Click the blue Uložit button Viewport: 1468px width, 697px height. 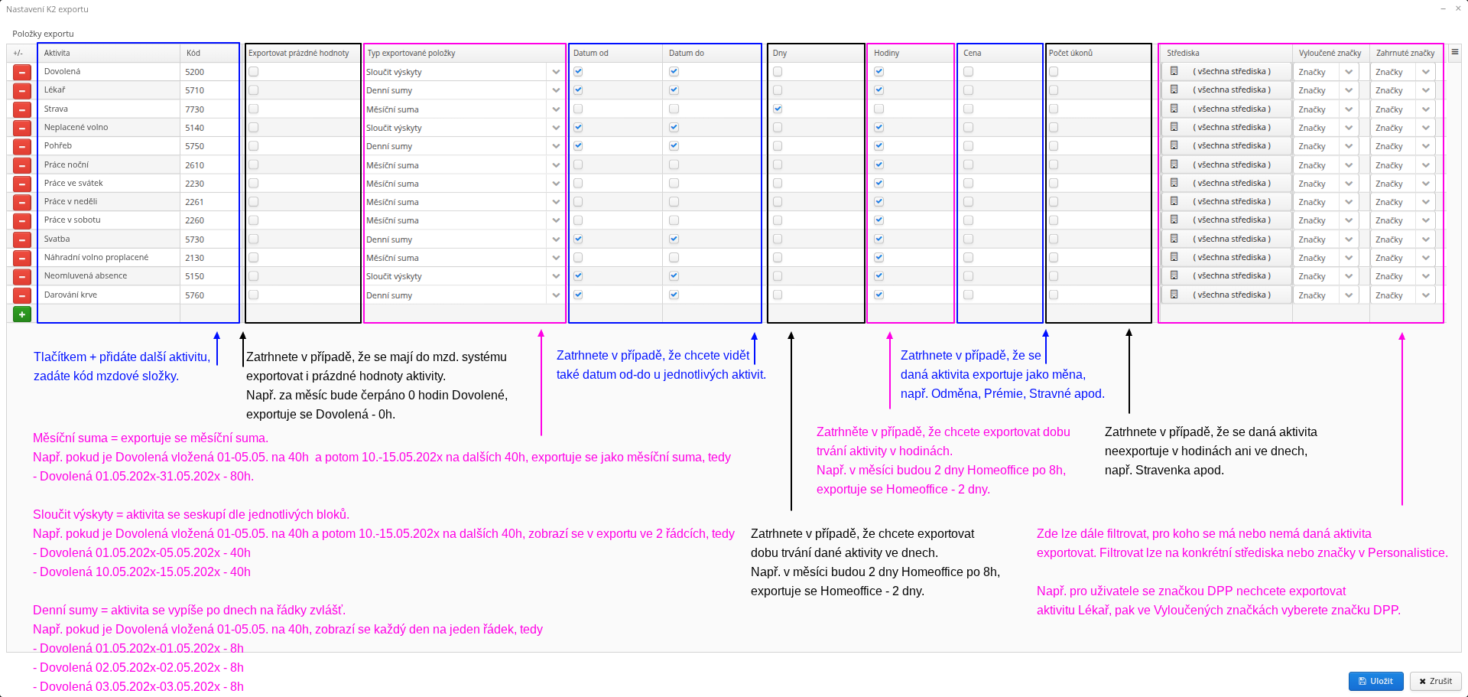click(1375, 681)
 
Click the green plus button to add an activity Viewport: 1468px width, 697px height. click(22, 314)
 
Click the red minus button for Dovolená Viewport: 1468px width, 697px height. click(22, 72)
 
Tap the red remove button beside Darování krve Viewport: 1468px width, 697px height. click(22, 295)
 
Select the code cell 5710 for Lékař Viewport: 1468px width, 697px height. click(195, 90)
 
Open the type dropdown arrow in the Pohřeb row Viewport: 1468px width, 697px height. click(556, 146)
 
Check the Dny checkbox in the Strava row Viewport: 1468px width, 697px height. click(778, 109)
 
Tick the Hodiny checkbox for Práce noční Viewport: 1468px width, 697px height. click(879, 164)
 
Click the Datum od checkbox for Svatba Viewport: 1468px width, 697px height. click(578, 239)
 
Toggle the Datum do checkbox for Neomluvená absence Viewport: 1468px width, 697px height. click(674, 276)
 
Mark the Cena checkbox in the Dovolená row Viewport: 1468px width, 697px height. click(968, 72)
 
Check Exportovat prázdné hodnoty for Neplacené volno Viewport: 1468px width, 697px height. click(253, 128)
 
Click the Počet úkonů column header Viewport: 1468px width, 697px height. click(1070, 53)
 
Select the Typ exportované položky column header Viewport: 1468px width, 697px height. click(411, 53)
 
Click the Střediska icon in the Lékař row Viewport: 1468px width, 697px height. click(1174, 90)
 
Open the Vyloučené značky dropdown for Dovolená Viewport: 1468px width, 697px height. click(1349, 72)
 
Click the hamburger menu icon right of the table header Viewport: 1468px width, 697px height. click(1455, 53)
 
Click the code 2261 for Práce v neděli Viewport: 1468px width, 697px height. click(194, 202)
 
